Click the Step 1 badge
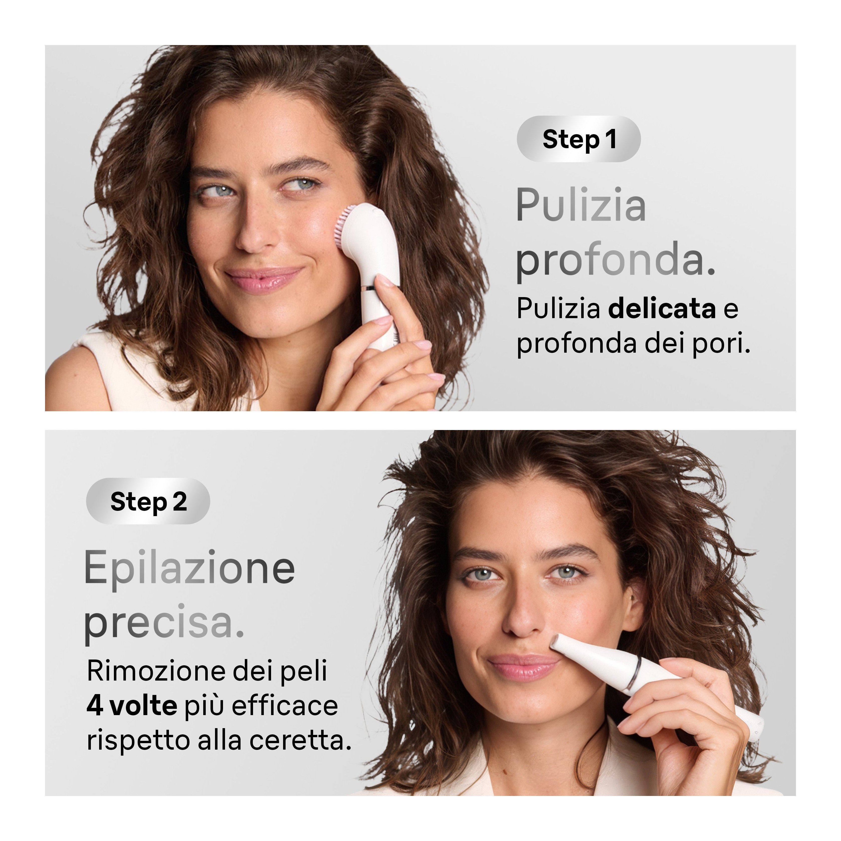578,139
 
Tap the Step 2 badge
148,501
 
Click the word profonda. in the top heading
615,260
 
